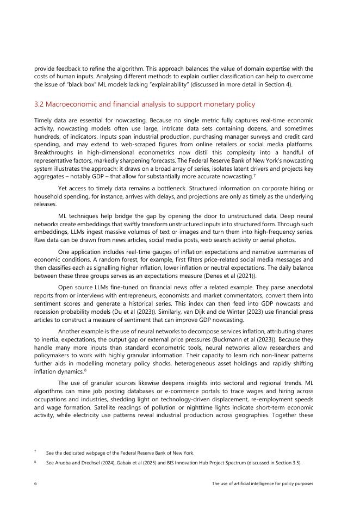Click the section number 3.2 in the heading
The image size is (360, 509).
[x=39, y=104]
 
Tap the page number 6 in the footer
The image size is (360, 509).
[x=35, y=483]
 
